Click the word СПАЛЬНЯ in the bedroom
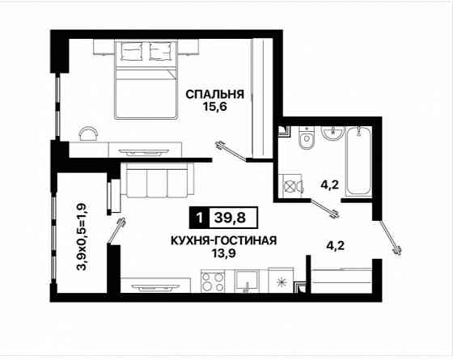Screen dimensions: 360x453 tap(214, 94)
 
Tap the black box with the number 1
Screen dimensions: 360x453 tap(197, 216)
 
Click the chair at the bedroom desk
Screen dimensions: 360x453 tap(89, 133)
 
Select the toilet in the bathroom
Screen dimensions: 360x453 tap(306, 142)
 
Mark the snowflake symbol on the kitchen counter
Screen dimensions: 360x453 tap(281, 282)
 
